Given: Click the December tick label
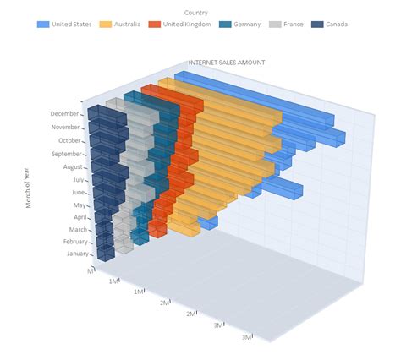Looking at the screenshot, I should tap(64, 114).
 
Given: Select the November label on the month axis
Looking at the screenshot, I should tap(64, 128).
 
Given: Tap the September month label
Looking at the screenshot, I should tap(66, 155).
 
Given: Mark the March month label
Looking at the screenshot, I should tap(75, 230).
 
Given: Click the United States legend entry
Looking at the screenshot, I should tap(72, 25).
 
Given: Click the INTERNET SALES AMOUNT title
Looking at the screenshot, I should tap(226, 63).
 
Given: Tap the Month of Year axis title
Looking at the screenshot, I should tap(28, 187).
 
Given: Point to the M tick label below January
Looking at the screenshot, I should tap(91, 270).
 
